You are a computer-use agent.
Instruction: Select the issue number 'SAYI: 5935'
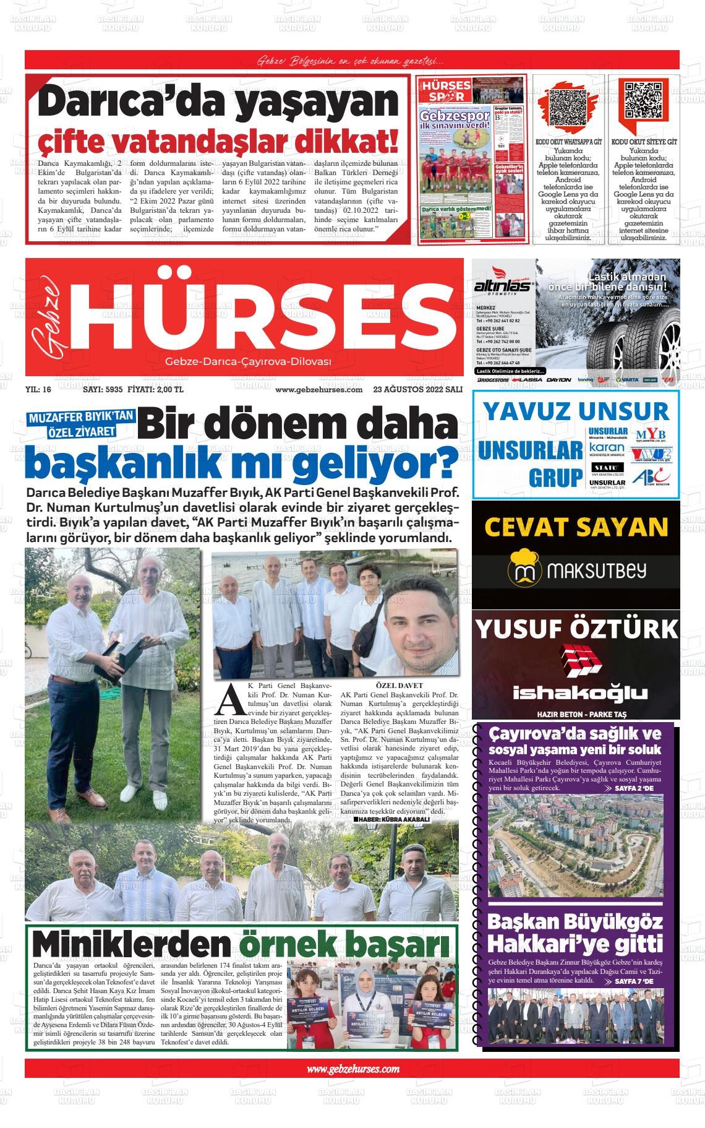coord(103,390)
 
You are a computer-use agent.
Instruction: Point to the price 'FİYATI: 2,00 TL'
coord(155,390)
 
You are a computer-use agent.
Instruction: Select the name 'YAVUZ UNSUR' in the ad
coord(576,411)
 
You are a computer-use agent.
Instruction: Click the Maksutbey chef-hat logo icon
coord(520,572)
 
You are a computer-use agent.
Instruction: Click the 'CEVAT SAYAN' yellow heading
coord(576,527)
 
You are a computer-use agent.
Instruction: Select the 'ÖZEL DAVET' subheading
coord(399,686)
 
